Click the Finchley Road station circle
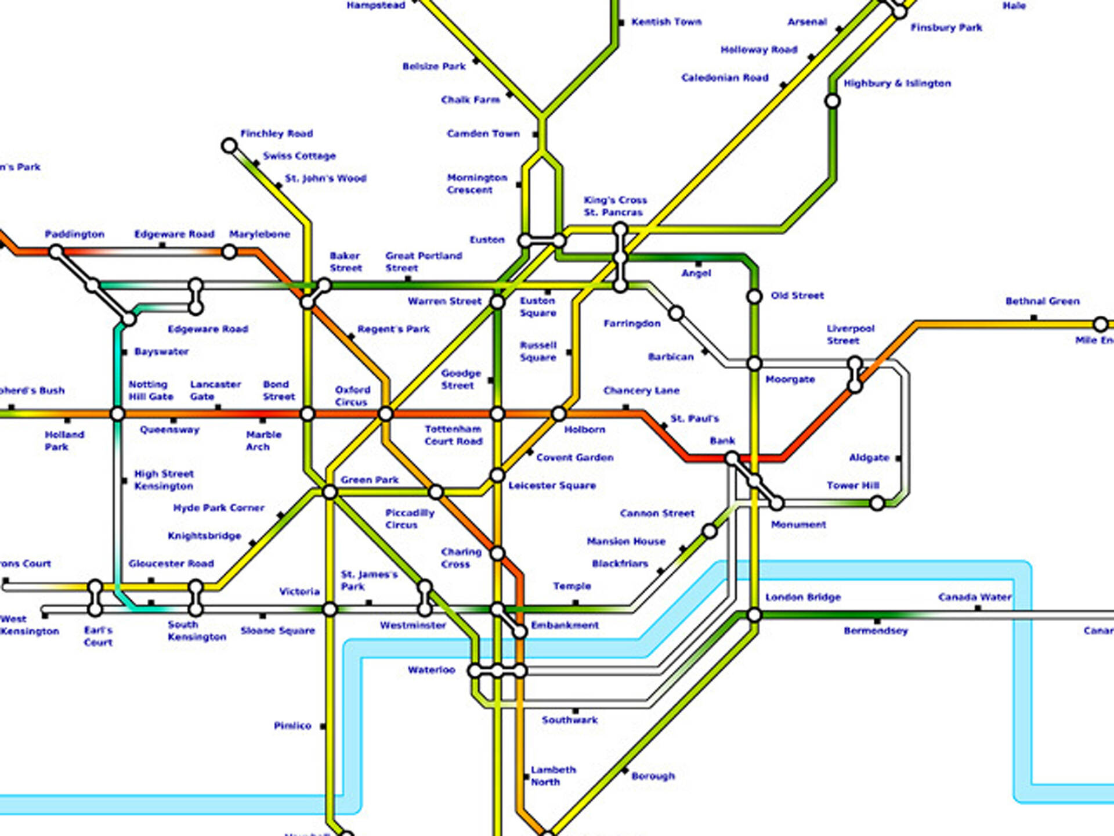pyautogui.click(x=229, y=145)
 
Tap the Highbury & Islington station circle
pyautogui.click(x=832, y=101)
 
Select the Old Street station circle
pyautogui.click(x=754, y=297)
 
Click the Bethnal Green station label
pyautogui.click(x=1042, y=301)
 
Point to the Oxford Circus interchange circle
pyautogui.click(x=385, y=414)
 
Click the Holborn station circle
pyautogui.click(x=558, y=414)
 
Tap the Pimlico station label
pyautogui.click(x=292, y=726)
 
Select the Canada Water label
pyautogui.click(x=974, y=597)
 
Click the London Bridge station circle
pyautogui.click(x=754, y=615)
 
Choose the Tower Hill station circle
pyautogui.click(x=877, y=503)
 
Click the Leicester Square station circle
pyautogui.click(x=497, y=475)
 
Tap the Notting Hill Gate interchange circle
pyautogui.click(x=117, y=414)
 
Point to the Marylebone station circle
pyautogui.click(x=229, y=252)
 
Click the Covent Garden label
pyautogui.click(x=574, y=457)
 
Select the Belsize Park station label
pyautogui.click(x=434, y=66)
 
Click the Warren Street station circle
pyautogui.click(x=497, y=302)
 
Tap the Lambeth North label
pyautogui.click(x=553, y=776)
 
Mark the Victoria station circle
pyautogui.click(x=330, y=610)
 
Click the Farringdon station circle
pyautogui.click(x=676, y=314)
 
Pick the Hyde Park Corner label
pyautogui.click(x=219, y=508)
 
